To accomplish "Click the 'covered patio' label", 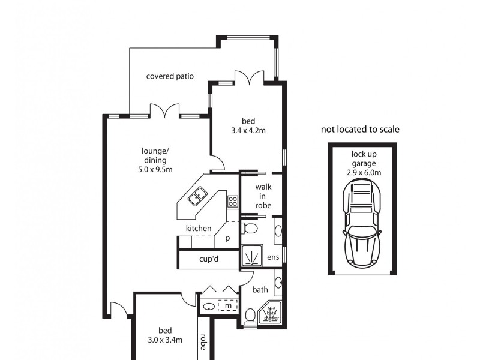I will point(170,76).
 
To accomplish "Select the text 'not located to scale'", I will point(360,129).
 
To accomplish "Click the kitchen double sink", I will point(198,195).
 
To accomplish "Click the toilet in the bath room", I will point(251,316).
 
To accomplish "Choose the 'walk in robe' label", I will point(263,196).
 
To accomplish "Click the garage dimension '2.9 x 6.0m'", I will point(364,172).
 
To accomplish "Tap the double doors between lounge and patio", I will point(164,111).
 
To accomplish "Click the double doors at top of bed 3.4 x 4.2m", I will point(248,77).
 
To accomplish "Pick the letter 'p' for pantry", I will point(227,238).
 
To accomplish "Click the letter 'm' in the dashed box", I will point(227,306).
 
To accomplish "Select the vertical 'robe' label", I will point(203,341).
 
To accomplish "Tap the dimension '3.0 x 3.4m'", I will point(166,340).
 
